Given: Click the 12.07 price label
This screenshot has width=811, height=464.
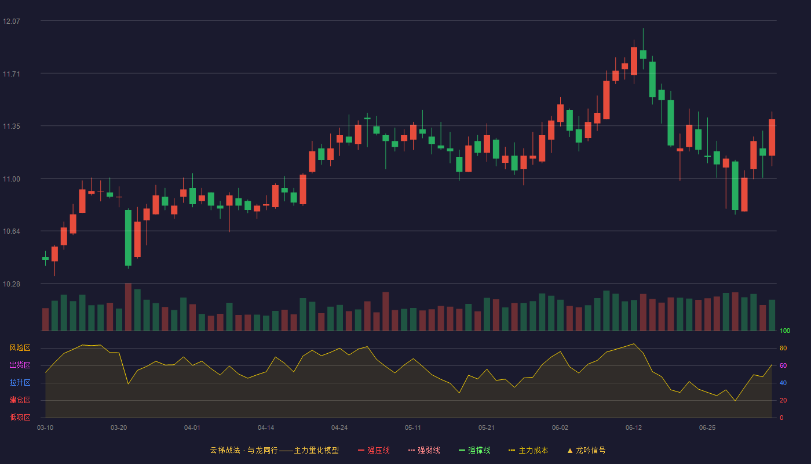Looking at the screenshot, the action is coord(11,21).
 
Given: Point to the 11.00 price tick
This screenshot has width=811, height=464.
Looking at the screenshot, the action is coord(11,179).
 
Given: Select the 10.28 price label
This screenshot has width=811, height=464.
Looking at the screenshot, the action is coord(11,284).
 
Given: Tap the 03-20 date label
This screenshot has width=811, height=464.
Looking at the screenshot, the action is coord(119,428).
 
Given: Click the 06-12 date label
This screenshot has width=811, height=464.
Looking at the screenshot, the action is coord(634,428).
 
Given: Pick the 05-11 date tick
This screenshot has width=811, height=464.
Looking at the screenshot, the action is coord(412,428).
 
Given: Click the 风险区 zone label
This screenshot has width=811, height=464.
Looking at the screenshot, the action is coord(20,347).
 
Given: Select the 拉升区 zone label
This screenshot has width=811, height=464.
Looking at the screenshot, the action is coord(20,382).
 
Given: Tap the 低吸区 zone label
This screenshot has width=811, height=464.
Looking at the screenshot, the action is coord(20,417).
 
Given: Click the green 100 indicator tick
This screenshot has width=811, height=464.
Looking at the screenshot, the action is coord(785,331).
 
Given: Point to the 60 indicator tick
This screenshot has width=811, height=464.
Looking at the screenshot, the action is coord(783,365).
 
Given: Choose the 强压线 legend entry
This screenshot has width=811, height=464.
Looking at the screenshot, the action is coord(374,450).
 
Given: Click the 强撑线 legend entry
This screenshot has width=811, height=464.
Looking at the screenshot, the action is coord(474,450).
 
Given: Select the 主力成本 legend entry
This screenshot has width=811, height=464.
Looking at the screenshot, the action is coord(528,450).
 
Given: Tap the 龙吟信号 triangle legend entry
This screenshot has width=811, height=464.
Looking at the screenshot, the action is coord(586,450).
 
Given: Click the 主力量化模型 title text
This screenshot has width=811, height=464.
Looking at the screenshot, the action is coord(316,450).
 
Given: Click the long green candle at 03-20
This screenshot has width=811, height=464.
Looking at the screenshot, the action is coord(128,238).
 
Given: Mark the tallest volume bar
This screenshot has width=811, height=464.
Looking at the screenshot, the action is coord(128,307).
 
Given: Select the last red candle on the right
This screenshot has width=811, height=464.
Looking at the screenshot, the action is coord(772,137).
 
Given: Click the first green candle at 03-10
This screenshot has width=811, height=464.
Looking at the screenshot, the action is coord(45,259).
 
